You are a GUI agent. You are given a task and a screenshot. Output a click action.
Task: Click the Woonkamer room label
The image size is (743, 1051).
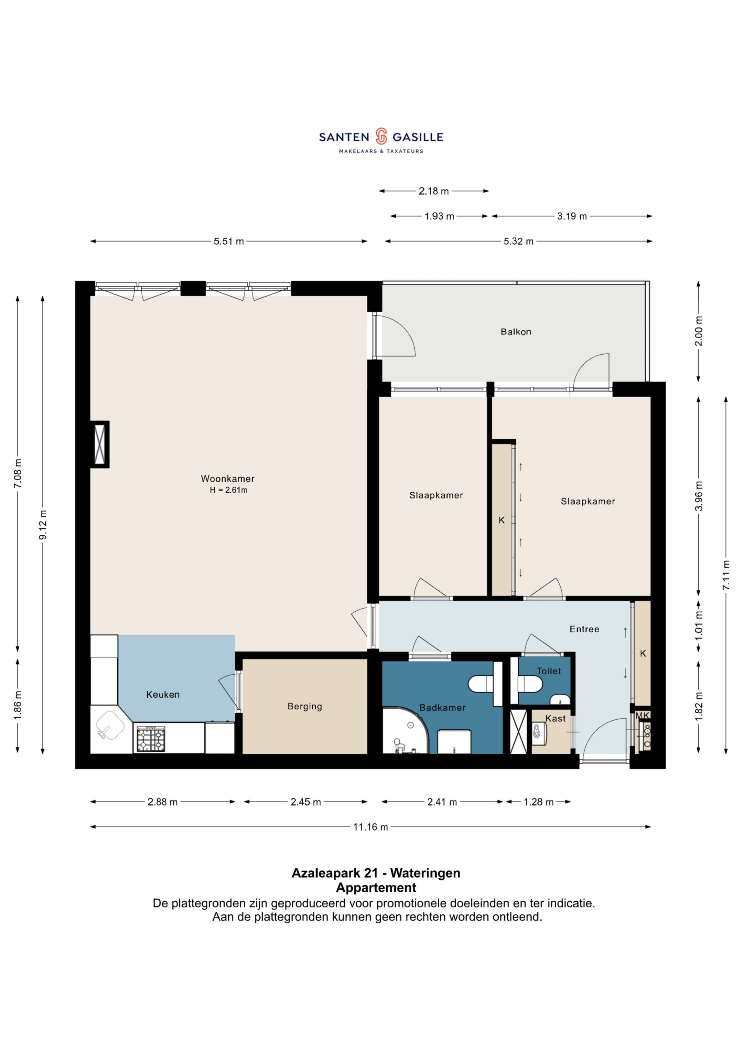227,479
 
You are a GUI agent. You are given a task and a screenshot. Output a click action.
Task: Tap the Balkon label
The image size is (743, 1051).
516,332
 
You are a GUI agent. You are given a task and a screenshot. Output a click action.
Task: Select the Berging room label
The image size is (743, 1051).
305,706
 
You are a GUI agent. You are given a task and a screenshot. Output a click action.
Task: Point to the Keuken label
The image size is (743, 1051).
163,694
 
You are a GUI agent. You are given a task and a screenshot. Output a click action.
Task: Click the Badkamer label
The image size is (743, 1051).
443,707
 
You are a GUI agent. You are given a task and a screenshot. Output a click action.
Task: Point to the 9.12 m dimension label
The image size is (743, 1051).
43,525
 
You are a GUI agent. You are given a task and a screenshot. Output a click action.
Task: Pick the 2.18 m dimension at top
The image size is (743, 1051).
433,191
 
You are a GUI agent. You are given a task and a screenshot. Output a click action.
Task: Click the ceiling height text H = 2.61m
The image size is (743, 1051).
228,490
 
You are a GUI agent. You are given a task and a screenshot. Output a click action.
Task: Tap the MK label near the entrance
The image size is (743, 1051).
642,716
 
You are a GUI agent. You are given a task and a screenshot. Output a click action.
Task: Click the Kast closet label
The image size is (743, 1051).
555,719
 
